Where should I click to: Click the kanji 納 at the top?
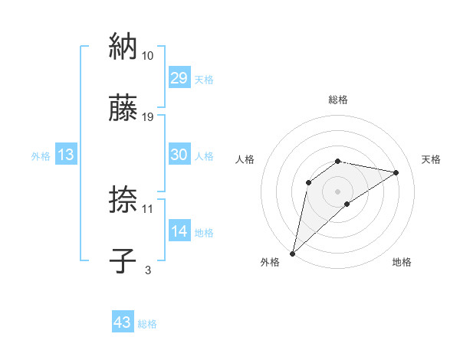pyautogui.click(x=123, y=47)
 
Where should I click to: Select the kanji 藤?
pyautogui.click(x=123, y=109)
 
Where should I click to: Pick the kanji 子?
pyautogui.click(x=123, y=261)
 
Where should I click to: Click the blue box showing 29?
pyautogui.click(x=179, y=77)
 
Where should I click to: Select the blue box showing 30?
pyautogui.click(x=179, y=154)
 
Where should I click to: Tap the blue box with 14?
pyautogui.click(x=179, y=231)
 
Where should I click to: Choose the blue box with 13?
pyautogui.click(x=65, y=154)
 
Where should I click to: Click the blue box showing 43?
pyautogui.click(x=122, y=322)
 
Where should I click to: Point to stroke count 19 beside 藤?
pyautogui.click(x=148, y=117)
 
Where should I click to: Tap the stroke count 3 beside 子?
pyautogui.click(x=148, y=270)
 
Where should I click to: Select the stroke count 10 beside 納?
pyautogui.click(x=148, y=56)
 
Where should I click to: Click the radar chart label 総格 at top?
pyautogui.click(x=338, y=100)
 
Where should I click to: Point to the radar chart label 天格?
pyautogui.click(x=431, y=159)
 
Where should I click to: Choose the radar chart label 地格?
pyautogui.click(x=402, y=263)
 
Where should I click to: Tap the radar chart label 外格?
pyautogui.click(x=270, y=263)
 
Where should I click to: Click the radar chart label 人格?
pyautogui.click(x=245, y=159)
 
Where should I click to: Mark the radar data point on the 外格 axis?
pyautogui.click(x=293, y=253)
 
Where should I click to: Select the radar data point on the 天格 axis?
pyautogui.click(x=396, y=172)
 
